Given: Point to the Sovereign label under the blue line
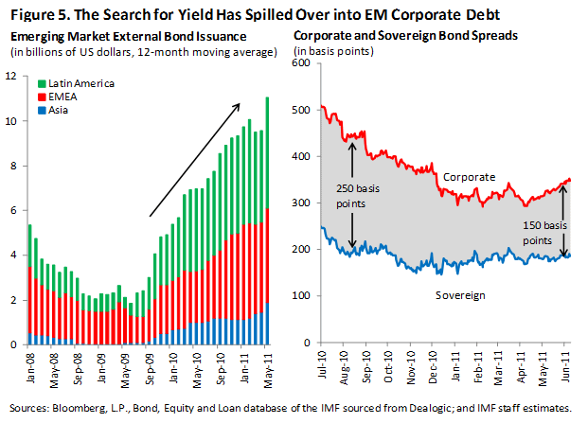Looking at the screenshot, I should pos(461,295).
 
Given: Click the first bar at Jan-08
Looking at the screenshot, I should pos(28,284).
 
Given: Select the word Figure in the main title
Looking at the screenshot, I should pos(33,14).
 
